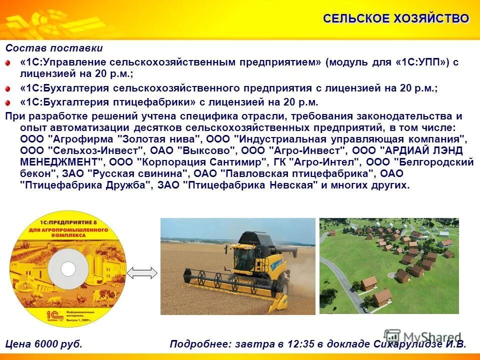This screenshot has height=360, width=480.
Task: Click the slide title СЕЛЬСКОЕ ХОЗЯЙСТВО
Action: [396, 19]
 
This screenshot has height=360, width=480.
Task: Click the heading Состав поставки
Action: [54, 48]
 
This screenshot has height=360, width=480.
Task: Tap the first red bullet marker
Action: [8, 63]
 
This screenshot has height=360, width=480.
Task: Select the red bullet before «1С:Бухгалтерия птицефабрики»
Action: [8, 103]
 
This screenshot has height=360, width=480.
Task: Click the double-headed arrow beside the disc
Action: [142, 273]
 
